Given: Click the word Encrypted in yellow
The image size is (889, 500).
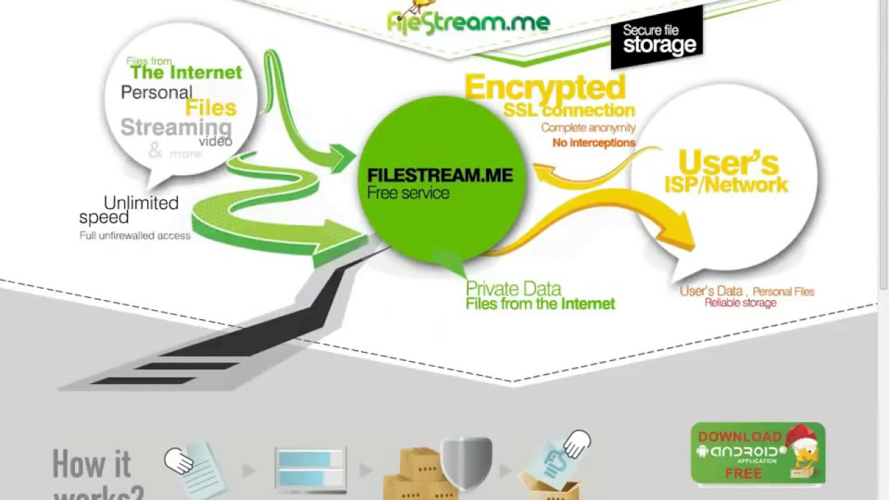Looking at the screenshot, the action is click(545, 88).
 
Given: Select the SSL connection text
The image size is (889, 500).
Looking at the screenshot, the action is click(569, 110).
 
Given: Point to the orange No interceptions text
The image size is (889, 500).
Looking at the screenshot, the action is click(594, 142).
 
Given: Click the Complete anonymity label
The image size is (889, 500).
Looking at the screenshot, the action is click(588, 128).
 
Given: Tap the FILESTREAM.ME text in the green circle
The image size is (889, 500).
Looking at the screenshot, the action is click(440, 175).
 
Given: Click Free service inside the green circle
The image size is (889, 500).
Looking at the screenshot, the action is click(408, 193).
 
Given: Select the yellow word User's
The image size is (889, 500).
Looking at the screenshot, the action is click(728, 162).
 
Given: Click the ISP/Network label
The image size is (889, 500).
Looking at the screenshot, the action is click(726, 185).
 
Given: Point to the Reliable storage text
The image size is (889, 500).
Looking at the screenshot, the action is click(740, 303).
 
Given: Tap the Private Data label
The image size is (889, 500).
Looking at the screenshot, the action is click(513, 288).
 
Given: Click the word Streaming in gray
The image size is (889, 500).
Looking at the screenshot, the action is click(176, 128).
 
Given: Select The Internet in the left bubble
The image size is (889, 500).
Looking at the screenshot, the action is click(186, 72).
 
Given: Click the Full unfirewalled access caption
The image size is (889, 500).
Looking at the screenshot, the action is click(135, 235).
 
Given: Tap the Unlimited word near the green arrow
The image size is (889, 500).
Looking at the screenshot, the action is click(141, 203).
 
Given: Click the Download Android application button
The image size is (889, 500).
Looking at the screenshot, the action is click(758, 453).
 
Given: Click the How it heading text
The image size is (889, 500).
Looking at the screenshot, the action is click(92, 464).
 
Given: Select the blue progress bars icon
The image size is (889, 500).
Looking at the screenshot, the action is click(310, 468).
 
